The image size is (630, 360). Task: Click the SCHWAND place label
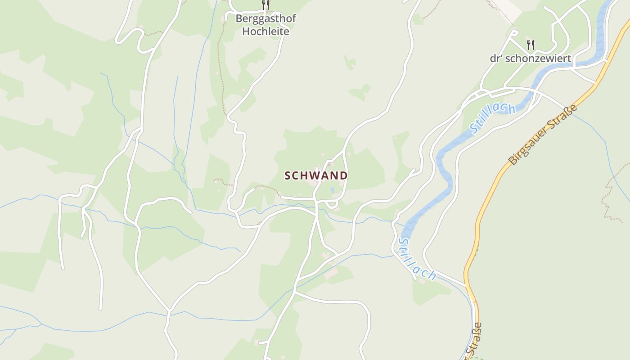316,175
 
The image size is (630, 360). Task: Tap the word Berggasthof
266,19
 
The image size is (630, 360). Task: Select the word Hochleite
265,31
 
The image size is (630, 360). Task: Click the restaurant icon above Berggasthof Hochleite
265,5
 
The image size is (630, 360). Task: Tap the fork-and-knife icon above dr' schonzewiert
531,45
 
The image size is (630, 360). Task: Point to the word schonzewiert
538,58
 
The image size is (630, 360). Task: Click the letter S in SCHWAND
288,176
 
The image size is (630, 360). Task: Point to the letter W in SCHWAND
314,175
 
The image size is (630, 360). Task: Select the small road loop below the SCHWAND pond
332,205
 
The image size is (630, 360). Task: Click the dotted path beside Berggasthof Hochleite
221,67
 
